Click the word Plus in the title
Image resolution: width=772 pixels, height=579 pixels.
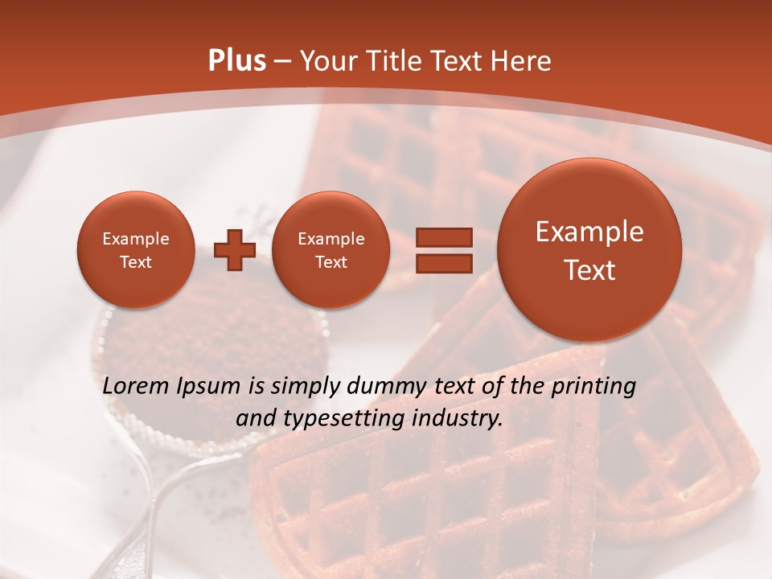236,61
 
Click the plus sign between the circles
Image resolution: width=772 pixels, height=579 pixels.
234,250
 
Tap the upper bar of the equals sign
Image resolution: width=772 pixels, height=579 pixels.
443,237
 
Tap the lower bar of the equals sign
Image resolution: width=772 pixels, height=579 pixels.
443,263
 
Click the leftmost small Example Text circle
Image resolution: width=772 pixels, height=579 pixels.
135,250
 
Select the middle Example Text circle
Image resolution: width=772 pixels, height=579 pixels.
331,250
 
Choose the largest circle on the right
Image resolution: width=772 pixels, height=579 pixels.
589,250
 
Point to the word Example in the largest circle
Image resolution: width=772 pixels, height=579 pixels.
589,232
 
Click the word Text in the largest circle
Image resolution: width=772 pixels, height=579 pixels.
589,270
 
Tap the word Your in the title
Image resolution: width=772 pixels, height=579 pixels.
329,61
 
